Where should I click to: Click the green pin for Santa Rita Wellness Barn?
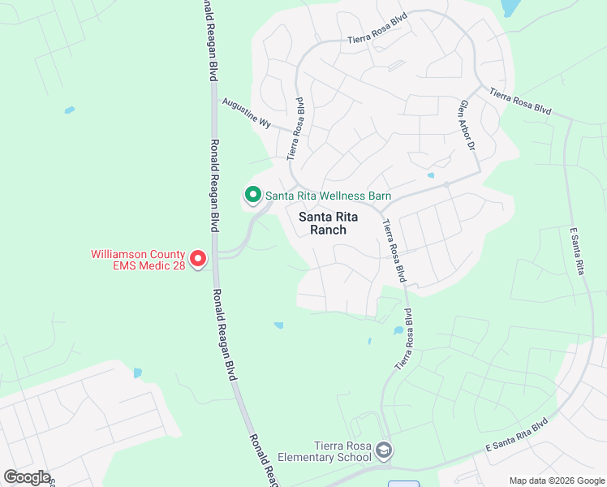[252, 195]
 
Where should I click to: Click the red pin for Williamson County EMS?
[198, 260]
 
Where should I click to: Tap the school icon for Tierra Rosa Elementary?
[384, 450]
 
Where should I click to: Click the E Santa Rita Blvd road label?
[516, 436]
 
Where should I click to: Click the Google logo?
[27, 477]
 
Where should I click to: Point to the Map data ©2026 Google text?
[557, 480]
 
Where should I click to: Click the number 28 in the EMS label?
[175, 266]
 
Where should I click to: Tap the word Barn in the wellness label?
[378, 196]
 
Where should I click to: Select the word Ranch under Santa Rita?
[329, 230]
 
